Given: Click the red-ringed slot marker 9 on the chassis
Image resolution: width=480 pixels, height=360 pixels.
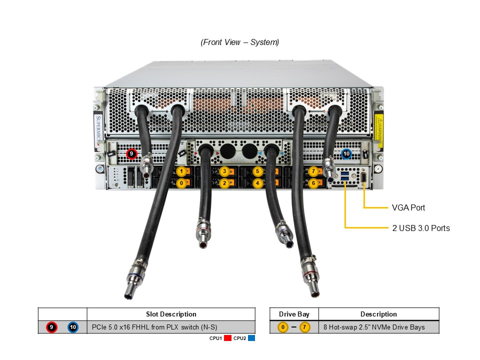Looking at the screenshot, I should point(131,154).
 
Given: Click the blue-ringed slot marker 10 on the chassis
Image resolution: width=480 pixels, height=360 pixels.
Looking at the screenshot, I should point(346,154).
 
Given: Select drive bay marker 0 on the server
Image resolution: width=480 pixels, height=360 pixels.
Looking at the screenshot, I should point(181,183).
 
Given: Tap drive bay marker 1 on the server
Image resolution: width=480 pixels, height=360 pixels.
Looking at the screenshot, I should point(181,171).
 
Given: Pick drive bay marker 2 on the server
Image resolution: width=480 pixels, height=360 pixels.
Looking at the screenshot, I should point(225,183).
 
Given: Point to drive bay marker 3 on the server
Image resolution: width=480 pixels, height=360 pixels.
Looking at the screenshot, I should point(225,171).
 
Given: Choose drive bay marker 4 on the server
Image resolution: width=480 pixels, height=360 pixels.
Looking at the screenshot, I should point(257,183).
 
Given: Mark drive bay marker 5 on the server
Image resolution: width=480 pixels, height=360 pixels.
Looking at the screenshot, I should point(257,171).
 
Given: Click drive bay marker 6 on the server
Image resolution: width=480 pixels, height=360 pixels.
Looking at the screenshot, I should point(313,183).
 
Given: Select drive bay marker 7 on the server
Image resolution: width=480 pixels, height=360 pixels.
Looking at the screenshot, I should point(313,171).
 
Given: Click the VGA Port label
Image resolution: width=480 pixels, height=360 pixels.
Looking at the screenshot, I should point(408,207).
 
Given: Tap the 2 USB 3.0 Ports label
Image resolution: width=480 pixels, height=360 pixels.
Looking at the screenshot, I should point(421,228).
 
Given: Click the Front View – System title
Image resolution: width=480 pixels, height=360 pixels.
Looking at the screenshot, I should point(240,42).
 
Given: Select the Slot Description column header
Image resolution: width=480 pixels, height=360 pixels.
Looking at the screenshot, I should point(171,314).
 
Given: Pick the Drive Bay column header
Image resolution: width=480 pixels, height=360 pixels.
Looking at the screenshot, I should point(293,314).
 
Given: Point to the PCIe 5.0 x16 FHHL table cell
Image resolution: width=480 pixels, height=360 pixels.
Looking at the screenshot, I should point(171,327).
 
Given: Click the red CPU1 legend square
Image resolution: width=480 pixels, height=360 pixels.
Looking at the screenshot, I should point(227,338).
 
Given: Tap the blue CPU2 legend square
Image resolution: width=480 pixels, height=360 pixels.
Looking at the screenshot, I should point(251,338).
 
